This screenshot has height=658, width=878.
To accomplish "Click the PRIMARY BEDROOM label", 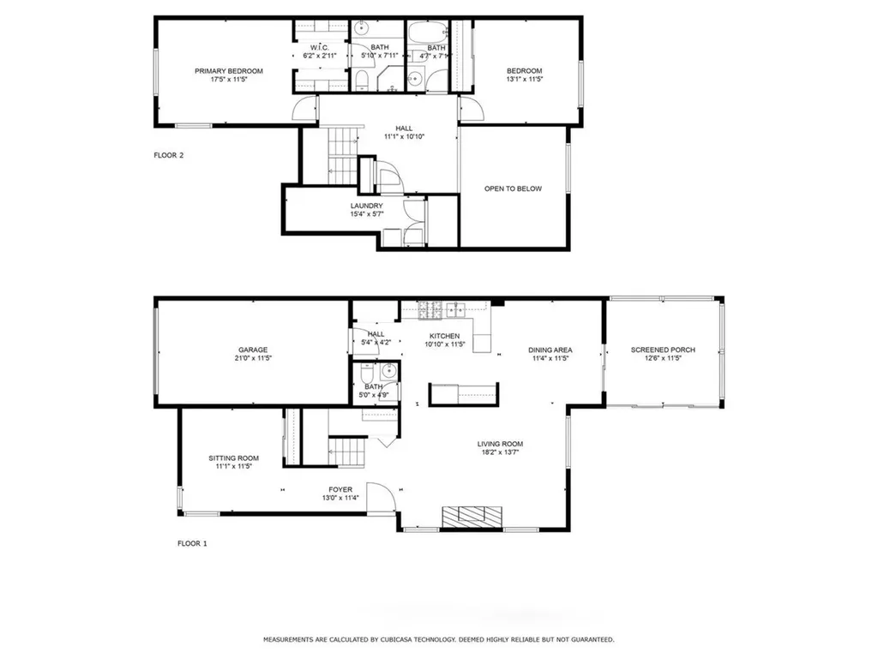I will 228,71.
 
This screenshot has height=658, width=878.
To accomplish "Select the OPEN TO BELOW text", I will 513,188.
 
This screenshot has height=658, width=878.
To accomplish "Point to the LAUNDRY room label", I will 366,206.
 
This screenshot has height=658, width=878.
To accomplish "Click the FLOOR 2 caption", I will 169,156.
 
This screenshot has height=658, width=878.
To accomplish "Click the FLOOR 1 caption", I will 192,543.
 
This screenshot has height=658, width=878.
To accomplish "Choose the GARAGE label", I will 253,350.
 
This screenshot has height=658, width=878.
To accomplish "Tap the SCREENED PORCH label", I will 663,350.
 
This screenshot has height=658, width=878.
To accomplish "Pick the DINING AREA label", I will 550,350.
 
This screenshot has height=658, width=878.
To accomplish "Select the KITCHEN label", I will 444,336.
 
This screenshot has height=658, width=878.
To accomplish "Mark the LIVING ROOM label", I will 500,444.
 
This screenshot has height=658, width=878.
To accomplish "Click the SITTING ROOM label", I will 233,458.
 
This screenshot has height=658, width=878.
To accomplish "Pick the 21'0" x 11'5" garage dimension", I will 253,358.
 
